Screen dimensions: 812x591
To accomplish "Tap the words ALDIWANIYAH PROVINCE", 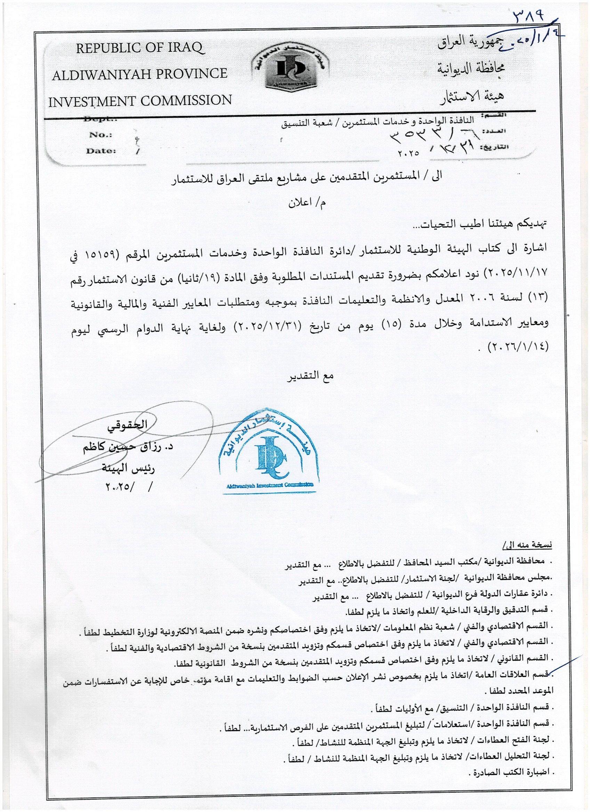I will pos(140,74).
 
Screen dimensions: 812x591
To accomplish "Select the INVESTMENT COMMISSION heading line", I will pos(140,101).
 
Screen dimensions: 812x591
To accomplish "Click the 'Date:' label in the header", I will pos(101,151).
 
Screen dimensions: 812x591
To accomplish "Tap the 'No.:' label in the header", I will pos(101,135).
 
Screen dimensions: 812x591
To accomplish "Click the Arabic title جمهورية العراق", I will pos(471,43).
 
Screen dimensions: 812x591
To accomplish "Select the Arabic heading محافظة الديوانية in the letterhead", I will pos(471,68).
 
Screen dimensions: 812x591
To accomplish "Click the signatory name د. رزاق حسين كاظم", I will pos(128,448).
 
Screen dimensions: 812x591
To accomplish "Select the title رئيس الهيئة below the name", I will pos(128,468).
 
